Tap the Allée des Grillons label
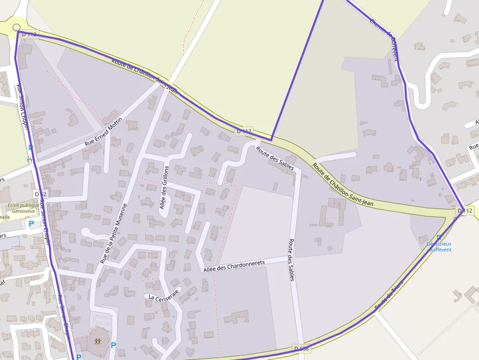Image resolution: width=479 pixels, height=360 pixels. (x=165, y=188)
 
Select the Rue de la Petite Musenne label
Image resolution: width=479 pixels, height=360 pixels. (x=113, y=233)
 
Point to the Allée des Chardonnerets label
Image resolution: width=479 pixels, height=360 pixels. (x=234, y=265)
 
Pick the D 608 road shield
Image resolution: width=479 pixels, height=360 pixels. (x=302, y=348)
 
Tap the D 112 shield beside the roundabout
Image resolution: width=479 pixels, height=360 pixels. (x=29, y=34)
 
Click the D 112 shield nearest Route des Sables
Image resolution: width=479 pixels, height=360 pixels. (x=244, y=131)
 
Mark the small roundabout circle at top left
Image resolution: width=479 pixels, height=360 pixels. (x=17, y=27)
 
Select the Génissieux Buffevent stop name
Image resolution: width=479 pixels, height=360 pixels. (x=439, y=247)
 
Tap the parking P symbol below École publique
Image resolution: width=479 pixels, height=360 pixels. (x=31, y=224)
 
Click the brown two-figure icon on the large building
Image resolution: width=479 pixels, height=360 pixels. (x=98, y=341)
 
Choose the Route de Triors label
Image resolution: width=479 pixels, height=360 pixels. (x=390, y=295)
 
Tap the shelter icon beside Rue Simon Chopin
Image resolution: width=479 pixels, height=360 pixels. (x=29, y=159)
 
